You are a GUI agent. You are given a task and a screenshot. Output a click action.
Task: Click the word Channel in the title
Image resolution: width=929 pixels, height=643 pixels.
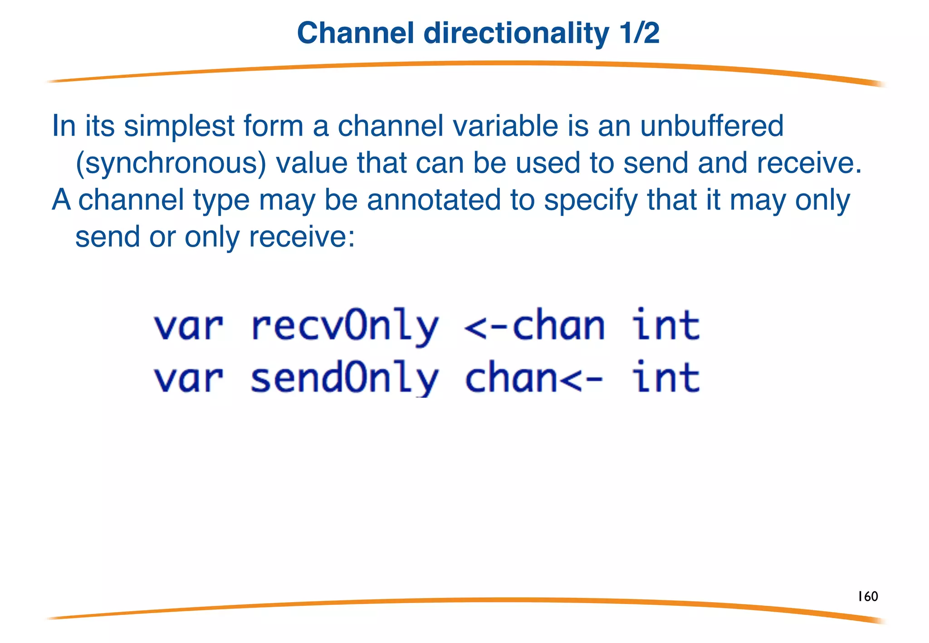click(356, 33)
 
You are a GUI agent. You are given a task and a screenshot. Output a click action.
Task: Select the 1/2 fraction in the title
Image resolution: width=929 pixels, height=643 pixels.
click(639, 33)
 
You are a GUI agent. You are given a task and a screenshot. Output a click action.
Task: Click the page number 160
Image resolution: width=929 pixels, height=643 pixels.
click(867, 596)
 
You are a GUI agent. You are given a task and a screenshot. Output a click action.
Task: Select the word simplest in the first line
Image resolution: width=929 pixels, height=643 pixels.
click(179, 127)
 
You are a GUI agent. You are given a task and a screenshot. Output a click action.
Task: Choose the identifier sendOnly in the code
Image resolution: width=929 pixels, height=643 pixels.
click(345, 379)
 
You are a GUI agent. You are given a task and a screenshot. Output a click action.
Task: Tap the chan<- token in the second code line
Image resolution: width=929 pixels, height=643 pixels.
click(534, 379)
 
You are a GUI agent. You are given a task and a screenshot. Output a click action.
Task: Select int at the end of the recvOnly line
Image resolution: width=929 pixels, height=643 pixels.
click(666, 326)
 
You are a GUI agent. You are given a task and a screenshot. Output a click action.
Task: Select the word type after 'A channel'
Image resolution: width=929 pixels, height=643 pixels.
click(221, 201)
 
